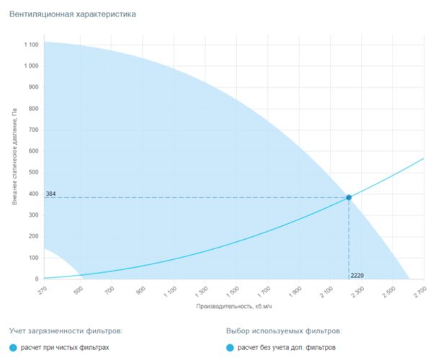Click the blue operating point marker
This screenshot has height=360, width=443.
[349, 197]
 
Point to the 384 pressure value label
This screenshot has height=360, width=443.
[51, 194]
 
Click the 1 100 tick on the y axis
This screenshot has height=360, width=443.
[30, 45]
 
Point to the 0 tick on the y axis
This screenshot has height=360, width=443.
[37, 279]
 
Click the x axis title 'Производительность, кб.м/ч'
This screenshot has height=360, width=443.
[233, 307]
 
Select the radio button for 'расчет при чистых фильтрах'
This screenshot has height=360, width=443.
[14, 348]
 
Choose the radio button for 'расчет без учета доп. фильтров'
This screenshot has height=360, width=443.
[230, 348]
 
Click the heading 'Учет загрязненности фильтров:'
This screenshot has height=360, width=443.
[66, 330]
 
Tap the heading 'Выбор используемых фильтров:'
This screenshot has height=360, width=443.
[283, 330]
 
